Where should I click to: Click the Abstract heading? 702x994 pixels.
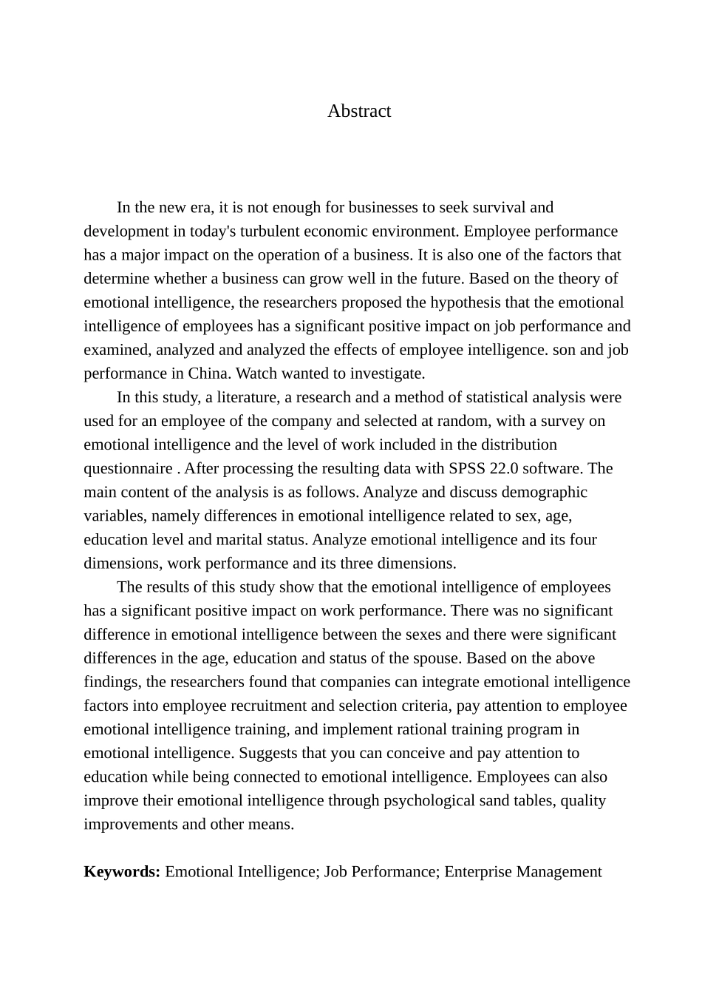click(359, 111)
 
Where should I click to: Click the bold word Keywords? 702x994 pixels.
click(122, 871)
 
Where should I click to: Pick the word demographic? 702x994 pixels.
click(546, 492)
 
